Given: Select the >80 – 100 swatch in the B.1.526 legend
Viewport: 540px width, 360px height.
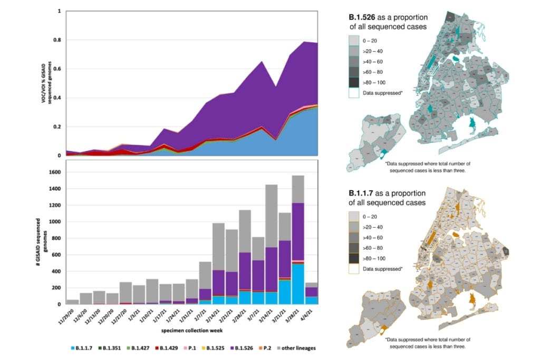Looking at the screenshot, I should pyautogui.click(x=355, y=82).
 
